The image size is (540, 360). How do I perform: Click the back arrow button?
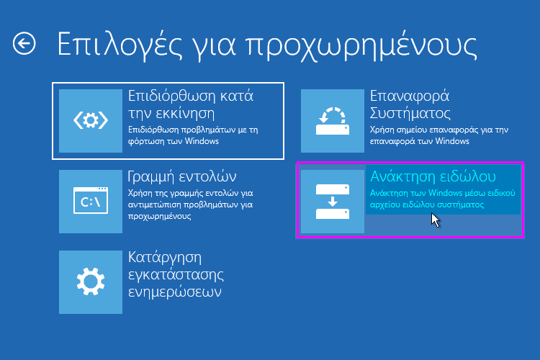(x=24, y=45)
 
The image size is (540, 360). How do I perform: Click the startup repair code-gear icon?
(x=91, y=121)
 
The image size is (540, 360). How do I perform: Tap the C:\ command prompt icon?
(x=91, y=202)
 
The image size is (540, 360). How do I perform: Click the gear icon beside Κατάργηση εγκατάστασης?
(x=91, y=282)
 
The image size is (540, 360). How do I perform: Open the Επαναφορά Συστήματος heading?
(x=410, y=104)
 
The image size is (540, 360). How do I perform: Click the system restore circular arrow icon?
(x=332, y=121)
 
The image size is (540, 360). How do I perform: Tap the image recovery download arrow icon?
(x=332, y=202)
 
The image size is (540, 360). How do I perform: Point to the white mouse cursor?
(x=435, y=219)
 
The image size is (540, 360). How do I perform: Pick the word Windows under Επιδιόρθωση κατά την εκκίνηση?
(x=202, y=141)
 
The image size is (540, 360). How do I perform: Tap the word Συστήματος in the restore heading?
(x=410, y=113)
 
